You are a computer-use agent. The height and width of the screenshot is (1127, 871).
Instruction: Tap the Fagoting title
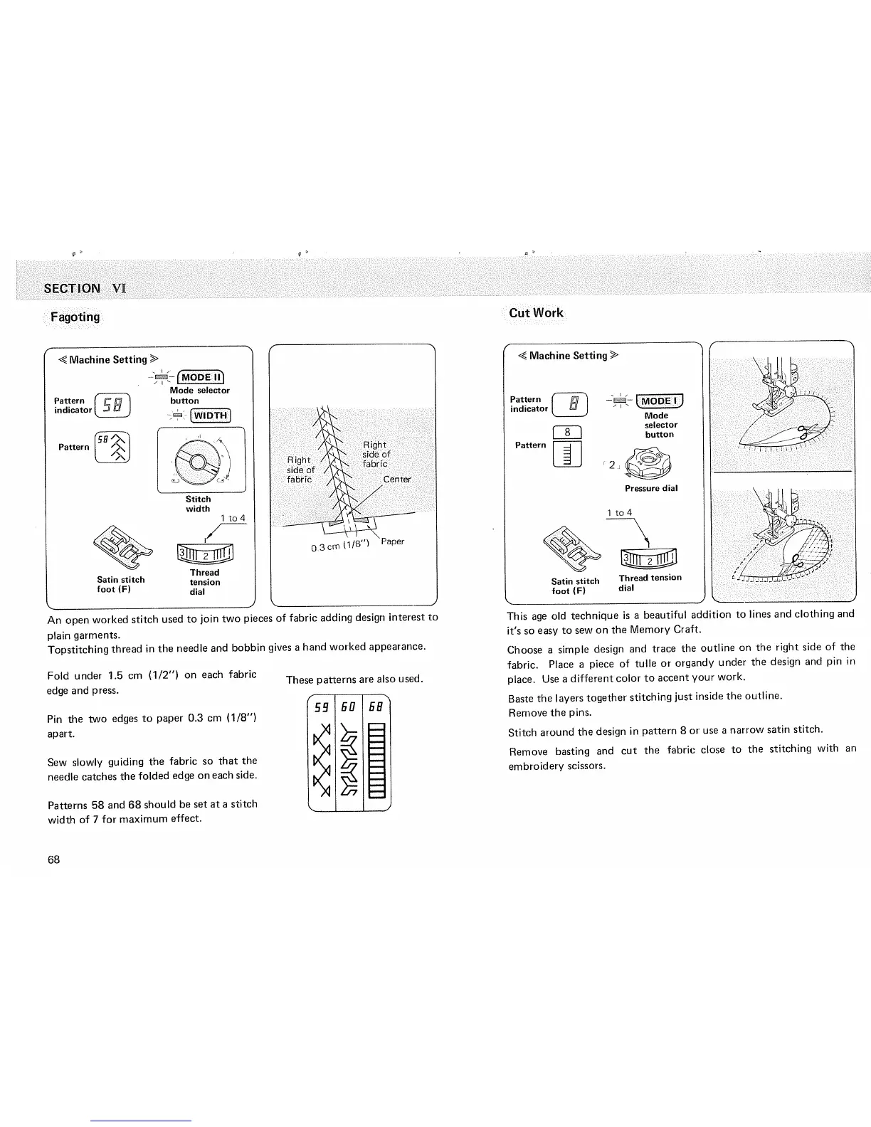(74, 317)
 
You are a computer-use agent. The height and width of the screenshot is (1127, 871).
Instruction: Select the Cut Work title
(536, 312)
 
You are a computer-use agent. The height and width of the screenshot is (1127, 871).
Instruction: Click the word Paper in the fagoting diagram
(393, 541)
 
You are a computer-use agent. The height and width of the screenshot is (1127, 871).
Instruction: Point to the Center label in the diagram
(396, 479)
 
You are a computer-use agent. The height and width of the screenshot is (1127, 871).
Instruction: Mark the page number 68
(54, 859)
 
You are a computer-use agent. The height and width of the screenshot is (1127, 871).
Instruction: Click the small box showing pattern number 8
(568, 432)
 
